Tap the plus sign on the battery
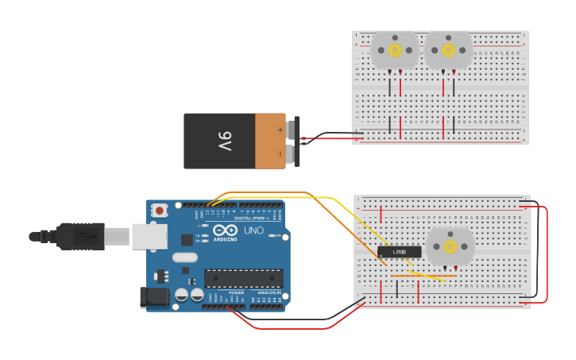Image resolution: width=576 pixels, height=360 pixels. coord(280,129)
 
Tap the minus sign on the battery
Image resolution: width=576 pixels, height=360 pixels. coord(280,153)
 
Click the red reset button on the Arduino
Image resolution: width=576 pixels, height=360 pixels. coord(160,211)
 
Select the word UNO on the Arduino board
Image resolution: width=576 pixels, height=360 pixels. coord(253,230)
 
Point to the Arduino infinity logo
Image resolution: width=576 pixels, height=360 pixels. coord(225,230)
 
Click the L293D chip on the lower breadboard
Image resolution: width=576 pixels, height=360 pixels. coord(400,252)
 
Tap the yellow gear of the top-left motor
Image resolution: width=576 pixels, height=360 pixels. coord(394,50)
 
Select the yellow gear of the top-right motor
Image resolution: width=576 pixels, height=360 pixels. coord(448,50)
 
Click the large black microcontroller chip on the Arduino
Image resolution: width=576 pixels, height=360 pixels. coord(243,278)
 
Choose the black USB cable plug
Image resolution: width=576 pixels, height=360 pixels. coord(79,236)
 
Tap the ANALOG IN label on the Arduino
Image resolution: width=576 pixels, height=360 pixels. coord(265,292)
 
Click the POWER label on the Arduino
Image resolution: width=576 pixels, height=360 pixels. coord(237,292)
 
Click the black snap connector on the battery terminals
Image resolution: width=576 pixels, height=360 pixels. coord(296,141)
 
